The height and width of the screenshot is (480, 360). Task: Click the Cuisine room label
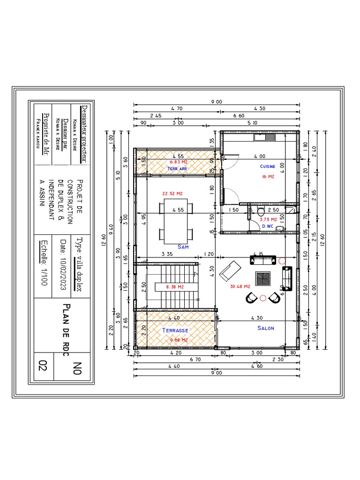(x=268, y=166)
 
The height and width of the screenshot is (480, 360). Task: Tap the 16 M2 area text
(x=268, y=177)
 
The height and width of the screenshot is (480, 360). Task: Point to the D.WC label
(x=268, y=226)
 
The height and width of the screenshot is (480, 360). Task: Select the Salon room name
(x=266, y=328)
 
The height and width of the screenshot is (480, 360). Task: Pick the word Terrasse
(x=175, y=330)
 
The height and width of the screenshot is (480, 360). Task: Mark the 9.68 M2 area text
(x=179, y=340)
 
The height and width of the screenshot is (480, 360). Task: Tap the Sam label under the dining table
(x=183, y=247)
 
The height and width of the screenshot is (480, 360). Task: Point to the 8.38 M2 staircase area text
(x=175, y=286)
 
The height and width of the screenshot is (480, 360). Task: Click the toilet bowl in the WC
(x=261, y=212)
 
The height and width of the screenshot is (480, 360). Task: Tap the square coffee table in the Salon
(x=263, y=279)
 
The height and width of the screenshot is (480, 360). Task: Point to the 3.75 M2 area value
(x=269, y=218)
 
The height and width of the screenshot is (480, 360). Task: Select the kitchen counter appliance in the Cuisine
(x=266, y=137)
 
